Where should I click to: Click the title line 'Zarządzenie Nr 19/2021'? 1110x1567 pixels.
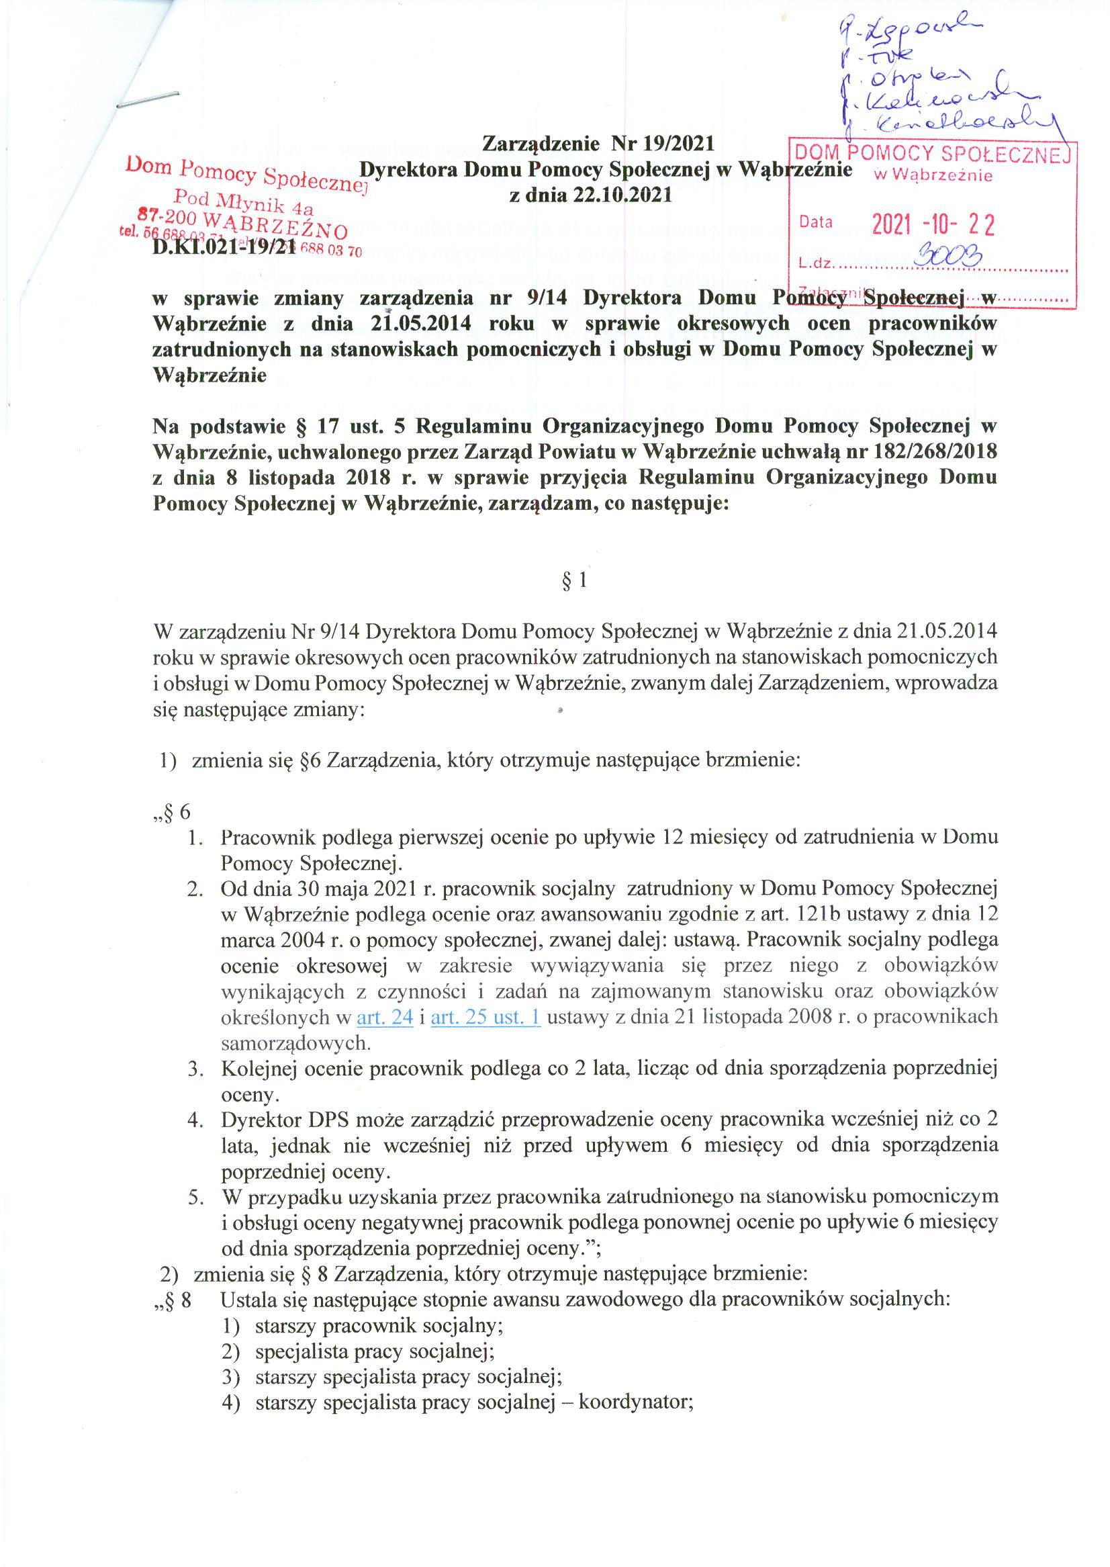point(598,144)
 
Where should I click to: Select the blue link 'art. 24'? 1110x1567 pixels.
point(385,1018)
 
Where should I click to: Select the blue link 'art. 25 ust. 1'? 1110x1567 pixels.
point(486,1018)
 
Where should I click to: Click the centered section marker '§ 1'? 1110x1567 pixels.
point(574,581)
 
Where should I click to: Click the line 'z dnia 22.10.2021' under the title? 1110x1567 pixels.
point(591,195)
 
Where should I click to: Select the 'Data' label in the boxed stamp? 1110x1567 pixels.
point(816,222)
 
